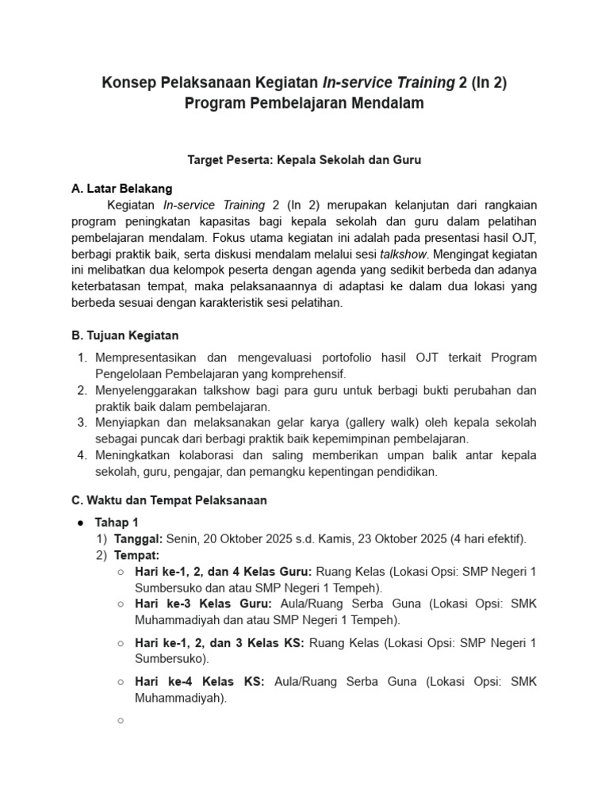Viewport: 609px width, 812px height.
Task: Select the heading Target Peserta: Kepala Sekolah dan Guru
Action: pyautogui.click(x=304, y=159)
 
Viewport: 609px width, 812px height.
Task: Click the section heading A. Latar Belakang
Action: pyautogui.click(x=121, y=189)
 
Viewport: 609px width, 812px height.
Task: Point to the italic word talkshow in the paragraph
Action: pyautogui.click(x=404, y=254)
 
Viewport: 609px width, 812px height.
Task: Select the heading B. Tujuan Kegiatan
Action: pyautogui.click(x=124, y=335)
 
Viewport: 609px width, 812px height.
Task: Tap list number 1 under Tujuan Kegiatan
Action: pyautogui.click(x=82, y=358)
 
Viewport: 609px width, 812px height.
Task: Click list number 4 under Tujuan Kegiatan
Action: pyautogui.click(x=82, y=456)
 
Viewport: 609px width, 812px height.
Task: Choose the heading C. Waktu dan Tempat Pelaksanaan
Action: pyautogui.click(x=169, y=500)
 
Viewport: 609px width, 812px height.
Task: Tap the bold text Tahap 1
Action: pyautogui.click(x=117, y=522)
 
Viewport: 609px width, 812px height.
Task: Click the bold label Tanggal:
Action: pyautogui.click(x=140, y=538)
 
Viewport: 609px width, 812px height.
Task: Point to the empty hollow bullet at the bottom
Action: pyautogui.click(x=120, y=720)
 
